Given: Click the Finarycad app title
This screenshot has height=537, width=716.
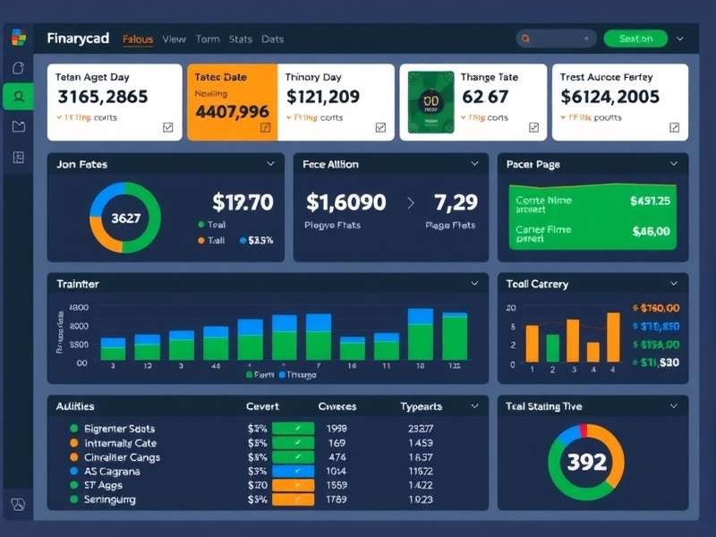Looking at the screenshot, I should click(78, 38).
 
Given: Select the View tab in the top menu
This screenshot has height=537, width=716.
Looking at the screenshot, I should click(174, 39).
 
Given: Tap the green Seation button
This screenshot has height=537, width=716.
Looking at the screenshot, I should click(635, 38).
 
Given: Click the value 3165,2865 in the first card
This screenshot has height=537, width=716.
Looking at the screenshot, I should click(103, 97).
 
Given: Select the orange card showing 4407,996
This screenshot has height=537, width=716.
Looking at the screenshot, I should click(232, 102).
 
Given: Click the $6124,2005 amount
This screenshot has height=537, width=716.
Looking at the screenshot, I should click(609, 97).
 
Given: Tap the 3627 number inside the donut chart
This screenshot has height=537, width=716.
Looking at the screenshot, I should click(125, 217).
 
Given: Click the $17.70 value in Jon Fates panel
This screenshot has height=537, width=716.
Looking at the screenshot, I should click(243, 203).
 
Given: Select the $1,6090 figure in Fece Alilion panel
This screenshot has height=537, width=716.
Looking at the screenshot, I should click(345, 202).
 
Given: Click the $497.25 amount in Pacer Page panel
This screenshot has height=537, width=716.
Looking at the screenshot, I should click(650, 200).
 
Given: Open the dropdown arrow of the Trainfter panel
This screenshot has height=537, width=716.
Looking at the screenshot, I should click(473, 284).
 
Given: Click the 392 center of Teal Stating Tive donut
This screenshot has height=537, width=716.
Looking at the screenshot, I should click(587, 462).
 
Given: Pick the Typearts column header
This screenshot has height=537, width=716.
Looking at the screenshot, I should click(421, 406).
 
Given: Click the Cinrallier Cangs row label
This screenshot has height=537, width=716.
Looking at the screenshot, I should click(122, 457).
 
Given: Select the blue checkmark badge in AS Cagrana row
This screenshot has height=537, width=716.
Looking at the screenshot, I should click(293, 471).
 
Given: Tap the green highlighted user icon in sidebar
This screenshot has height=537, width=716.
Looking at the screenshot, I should click(18, 97).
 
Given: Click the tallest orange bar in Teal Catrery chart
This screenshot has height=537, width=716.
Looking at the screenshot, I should click(613, 337).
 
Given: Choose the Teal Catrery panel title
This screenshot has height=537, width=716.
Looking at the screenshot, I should click(537, 284).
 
